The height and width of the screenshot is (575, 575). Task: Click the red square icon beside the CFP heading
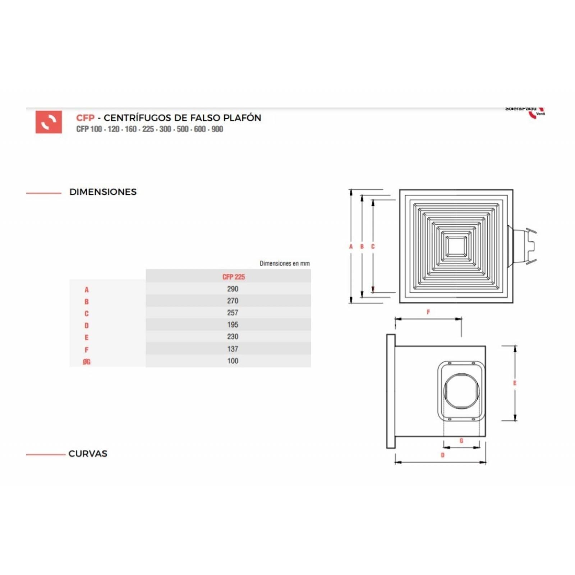click(x=49, y=122)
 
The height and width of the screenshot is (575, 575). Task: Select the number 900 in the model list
click(x=217, y=129)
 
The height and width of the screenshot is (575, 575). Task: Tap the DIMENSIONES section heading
click(x=103, y=192)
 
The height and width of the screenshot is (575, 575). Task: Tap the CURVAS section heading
click(x=88, y=454)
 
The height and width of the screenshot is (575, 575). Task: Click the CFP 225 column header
click(x=233, y=277)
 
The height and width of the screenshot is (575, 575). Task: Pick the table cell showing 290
click(x=233, y=289)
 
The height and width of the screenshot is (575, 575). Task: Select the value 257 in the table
click(x=233, y=313)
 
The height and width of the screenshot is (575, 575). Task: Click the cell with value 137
click(x=233, y=349)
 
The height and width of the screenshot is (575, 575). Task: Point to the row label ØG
click(x=87, y=362)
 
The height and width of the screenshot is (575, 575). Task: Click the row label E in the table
click(x=87, y=338)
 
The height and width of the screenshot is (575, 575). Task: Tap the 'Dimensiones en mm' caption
click(x=284, y=263)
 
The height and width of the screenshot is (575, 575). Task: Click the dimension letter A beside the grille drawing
click(x=351, y=247)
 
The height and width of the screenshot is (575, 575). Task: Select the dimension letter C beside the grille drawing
click(x=373, y=247)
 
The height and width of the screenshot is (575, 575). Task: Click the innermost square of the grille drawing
click(x=456, y=246)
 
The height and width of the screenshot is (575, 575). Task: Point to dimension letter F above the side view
click(x=428, y=312)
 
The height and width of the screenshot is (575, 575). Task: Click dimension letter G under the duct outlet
click(x=461, y=441)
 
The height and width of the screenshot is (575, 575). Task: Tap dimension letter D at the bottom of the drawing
click(x=442, y=455)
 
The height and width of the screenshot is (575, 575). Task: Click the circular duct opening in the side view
click(x=462, y=391)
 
